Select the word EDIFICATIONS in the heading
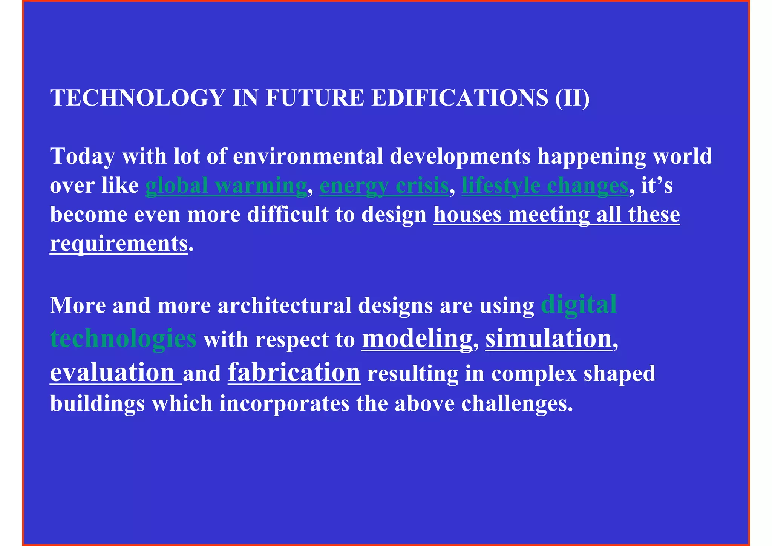click(460, 98)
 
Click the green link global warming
click(226, 186)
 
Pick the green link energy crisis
click(384, 186)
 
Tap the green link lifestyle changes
click(545, 186)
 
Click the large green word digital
click(579, 304)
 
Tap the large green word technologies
click(123, 338)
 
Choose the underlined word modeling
click(417, 338)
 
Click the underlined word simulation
click(548, 338)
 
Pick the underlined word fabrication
click(294, 373)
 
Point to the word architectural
click(284, 305)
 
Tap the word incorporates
click(284, 403)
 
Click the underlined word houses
click(467, 215)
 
